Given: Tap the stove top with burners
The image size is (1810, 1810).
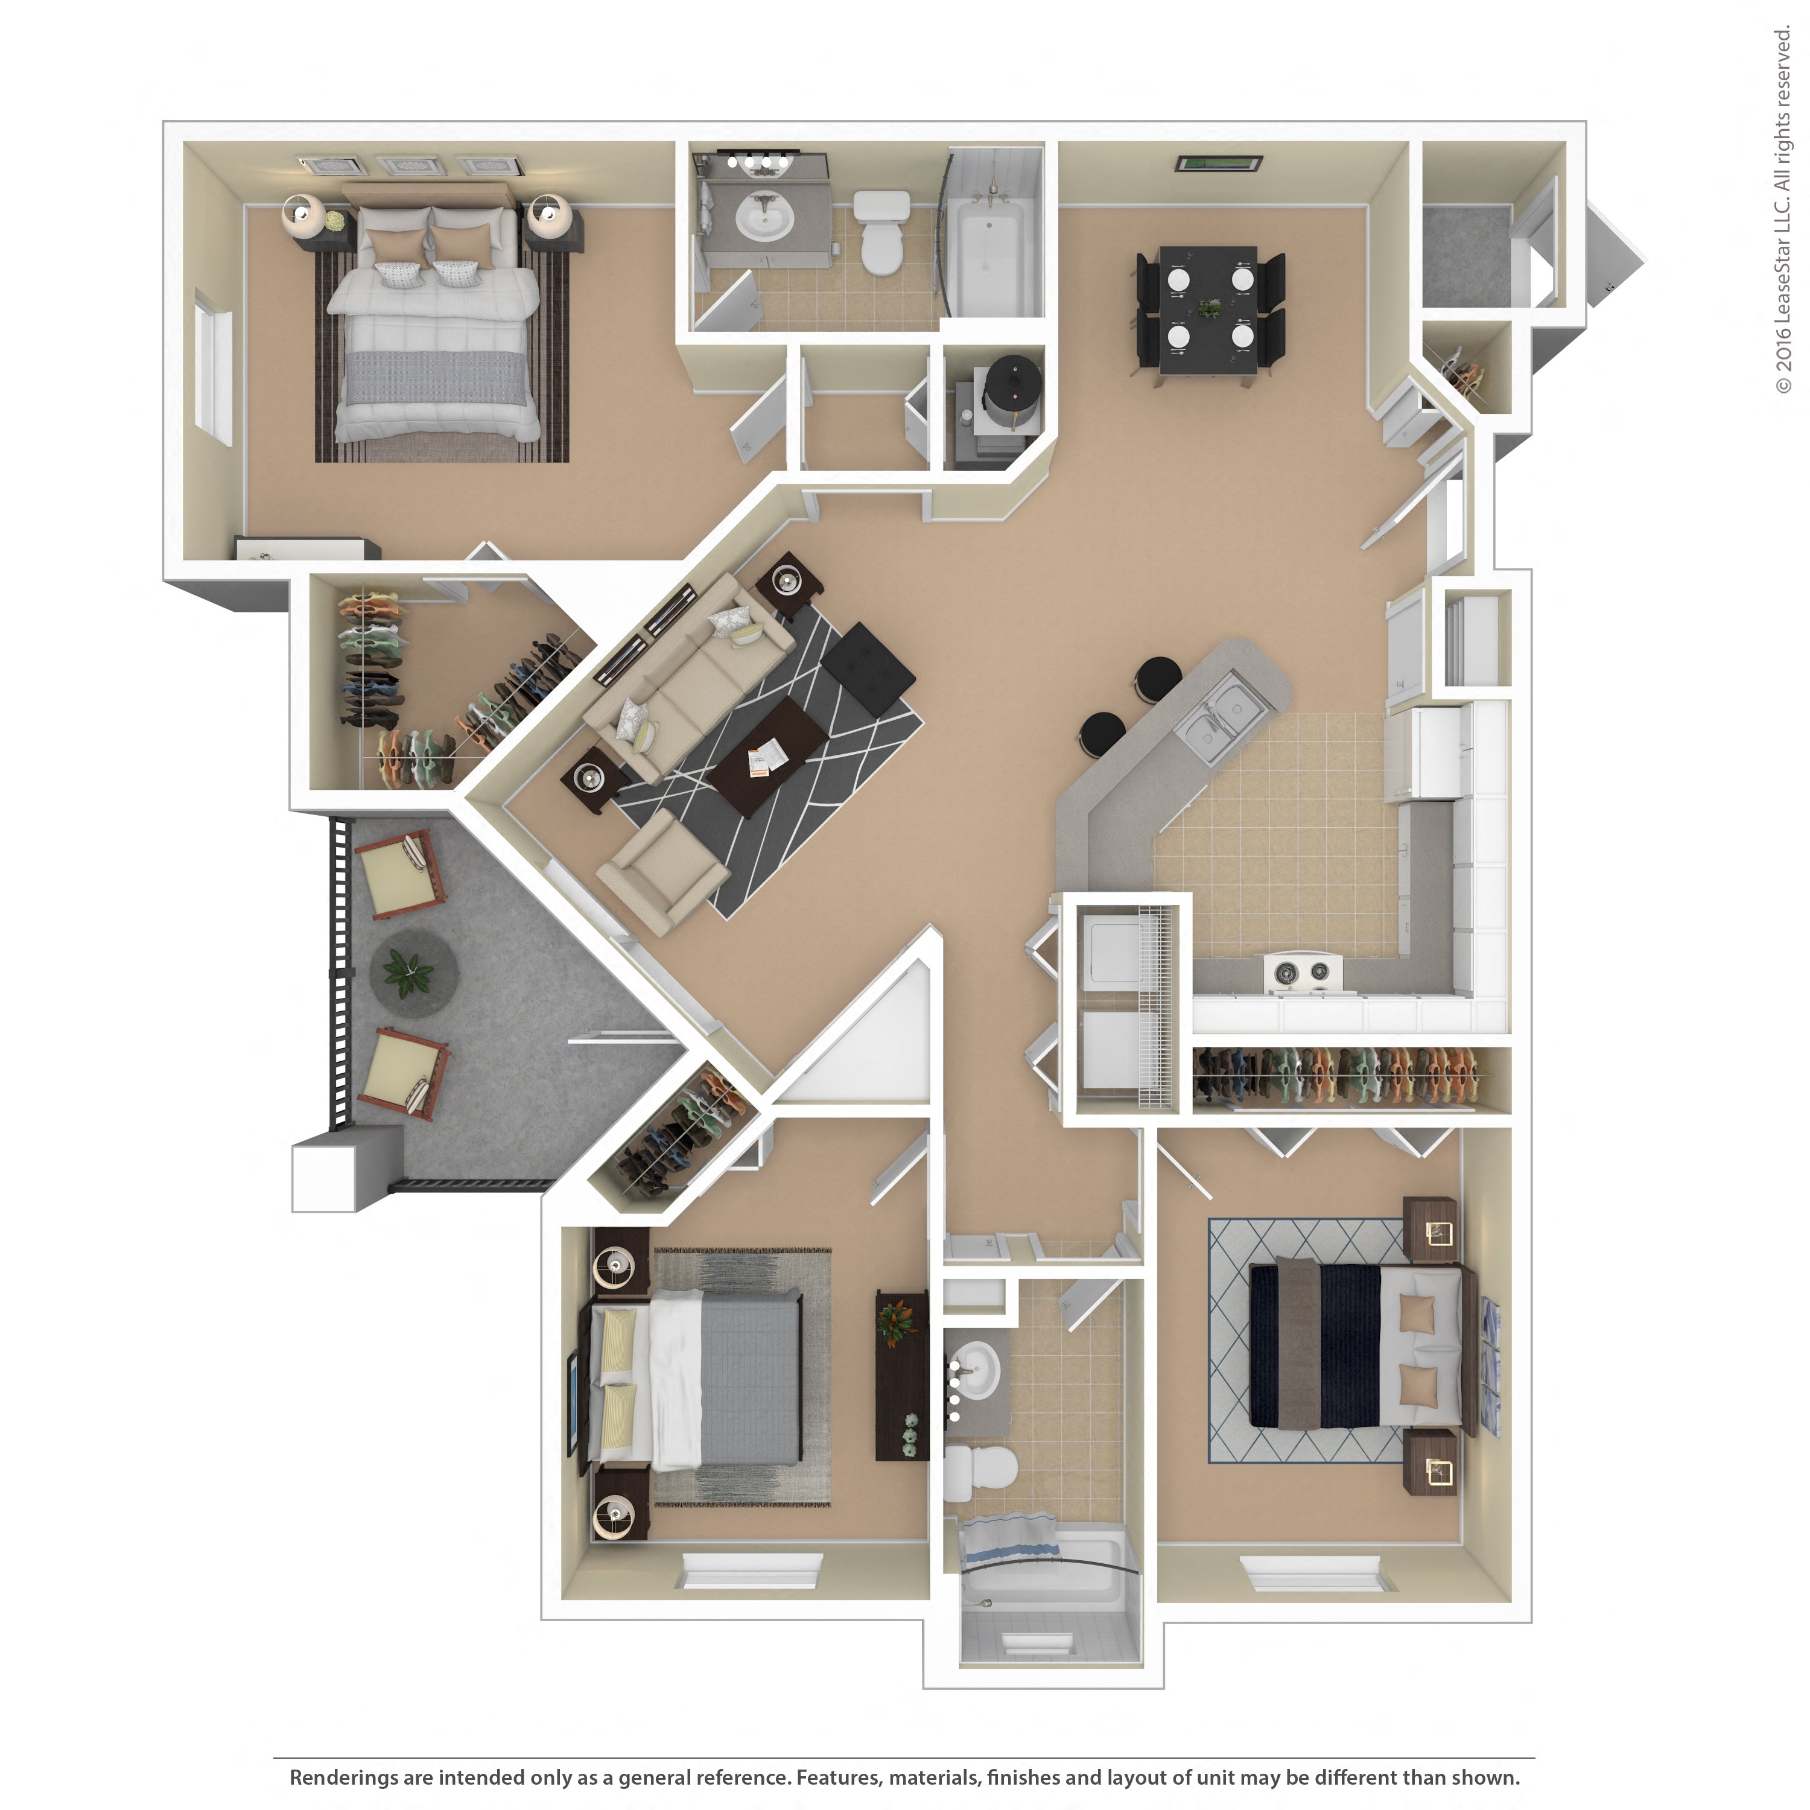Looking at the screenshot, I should coord(1303,973).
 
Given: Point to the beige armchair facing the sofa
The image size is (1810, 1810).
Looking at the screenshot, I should coord(662,871).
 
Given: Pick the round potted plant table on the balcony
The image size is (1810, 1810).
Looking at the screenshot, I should coord(413,973).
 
